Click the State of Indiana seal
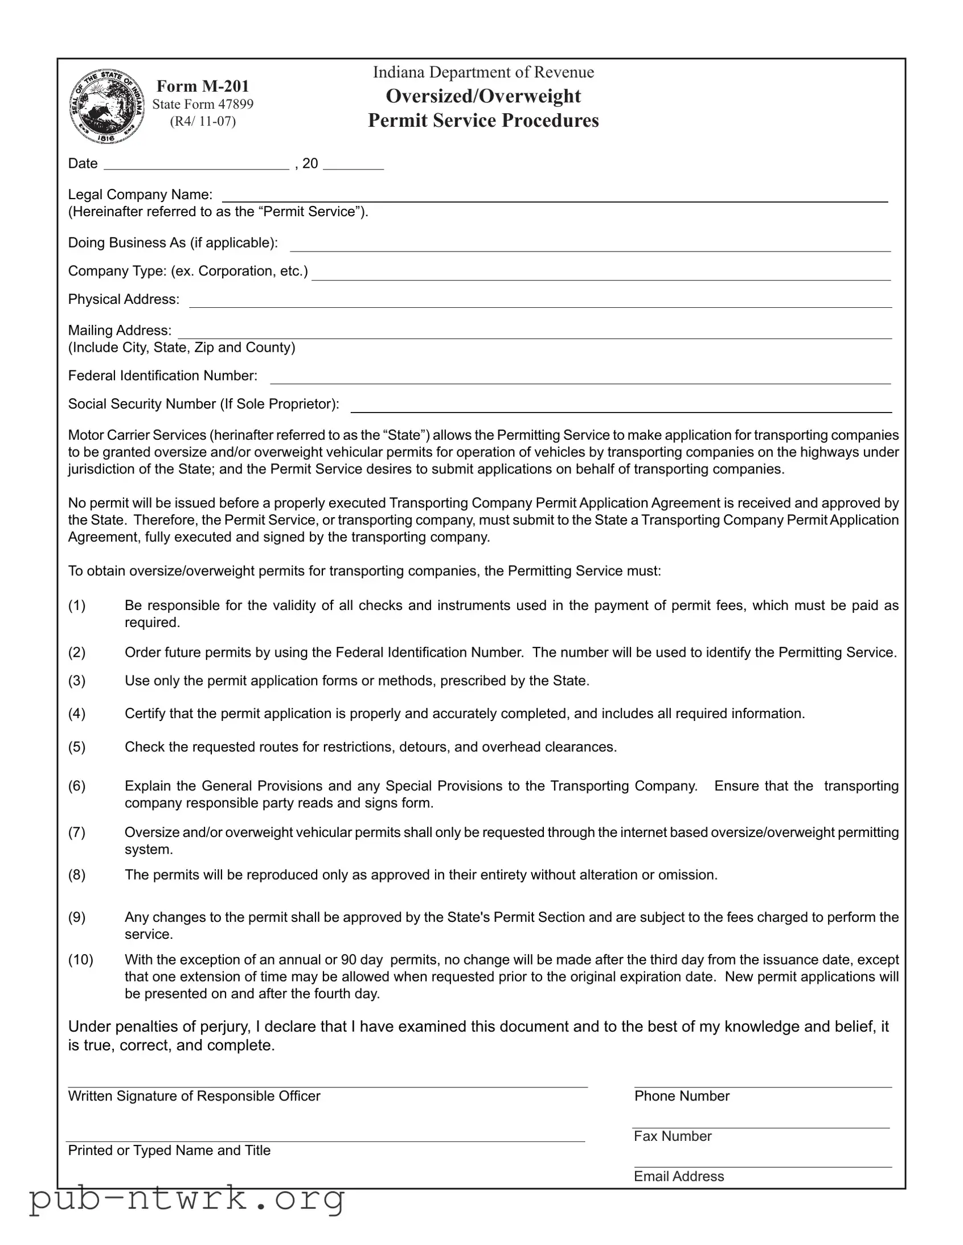[x=106, y=106]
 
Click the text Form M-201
[x=203, y=86]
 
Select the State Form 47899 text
[x=203, y=104]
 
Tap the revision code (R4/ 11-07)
[x=203, y=121]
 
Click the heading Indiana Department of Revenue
[x=483, y=72]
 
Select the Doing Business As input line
[x=590, y=246]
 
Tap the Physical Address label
[x=123, y=299]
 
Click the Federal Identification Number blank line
[x=580, y=378]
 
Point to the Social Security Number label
[x=203, y=404]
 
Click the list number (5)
[x=77, y=747]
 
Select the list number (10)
[x=80, y=960]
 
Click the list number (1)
[x=77, y=605]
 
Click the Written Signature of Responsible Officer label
[x=194, y=1096]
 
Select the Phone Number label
[x=682, y=1096]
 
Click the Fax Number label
[x=673, y=1136]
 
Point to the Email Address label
[x=679, y=1176]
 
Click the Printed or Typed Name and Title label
[x=169, y=1151]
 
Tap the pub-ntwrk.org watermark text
[x=187, y=1199]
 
